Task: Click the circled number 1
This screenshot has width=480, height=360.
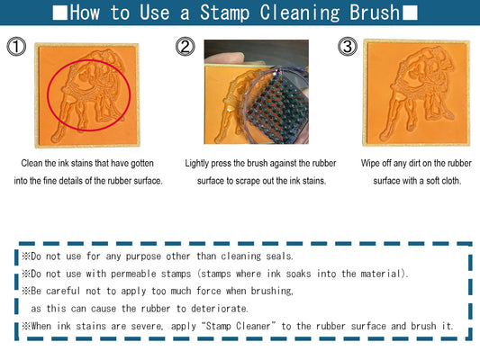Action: pyautogui.click(x=16, y=48)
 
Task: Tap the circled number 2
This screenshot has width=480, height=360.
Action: pyautogui.click(x=185, y=48)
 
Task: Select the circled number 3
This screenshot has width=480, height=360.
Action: pyautogui.click(x=347, y=48)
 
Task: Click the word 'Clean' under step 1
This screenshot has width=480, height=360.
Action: pyautogui.click(x=32, y=165)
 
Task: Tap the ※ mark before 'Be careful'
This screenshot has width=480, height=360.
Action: pyautogui.click(x=26, y=291)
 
